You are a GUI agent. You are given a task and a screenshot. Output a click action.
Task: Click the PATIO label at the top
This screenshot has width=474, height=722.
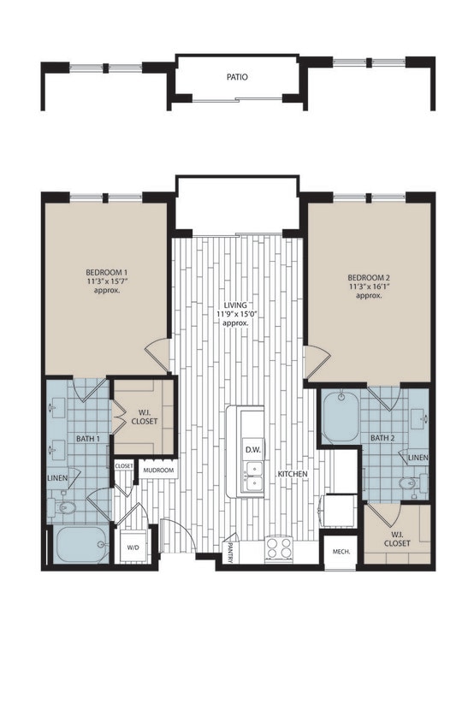237,77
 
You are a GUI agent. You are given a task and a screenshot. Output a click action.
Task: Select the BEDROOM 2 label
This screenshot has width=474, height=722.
368,277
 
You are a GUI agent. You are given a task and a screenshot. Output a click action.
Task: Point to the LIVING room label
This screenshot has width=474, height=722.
235,305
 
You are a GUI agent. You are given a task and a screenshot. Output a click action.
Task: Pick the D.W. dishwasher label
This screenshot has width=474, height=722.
252,449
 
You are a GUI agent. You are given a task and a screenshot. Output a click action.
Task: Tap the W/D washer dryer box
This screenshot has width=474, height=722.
133,546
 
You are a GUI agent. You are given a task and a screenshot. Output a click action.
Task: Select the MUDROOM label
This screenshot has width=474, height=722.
158,470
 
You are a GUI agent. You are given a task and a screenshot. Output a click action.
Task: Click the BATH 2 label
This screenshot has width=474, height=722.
382,439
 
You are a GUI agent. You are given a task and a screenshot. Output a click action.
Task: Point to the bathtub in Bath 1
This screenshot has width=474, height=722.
79,545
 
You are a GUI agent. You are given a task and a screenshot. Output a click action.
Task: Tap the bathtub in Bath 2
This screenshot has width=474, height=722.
340,417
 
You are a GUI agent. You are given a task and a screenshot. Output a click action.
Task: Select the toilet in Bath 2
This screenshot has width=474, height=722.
409,485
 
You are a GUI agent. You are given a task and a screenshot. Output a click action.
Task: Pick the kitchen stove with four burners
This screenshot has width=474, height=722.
279,547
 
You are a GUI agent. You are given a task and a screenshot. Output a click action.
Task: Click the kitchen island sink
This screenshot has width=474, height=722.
252,476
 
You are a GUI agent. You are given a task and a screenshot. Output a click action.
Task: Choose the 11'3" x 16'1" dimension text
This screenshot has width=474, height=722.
368,287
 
